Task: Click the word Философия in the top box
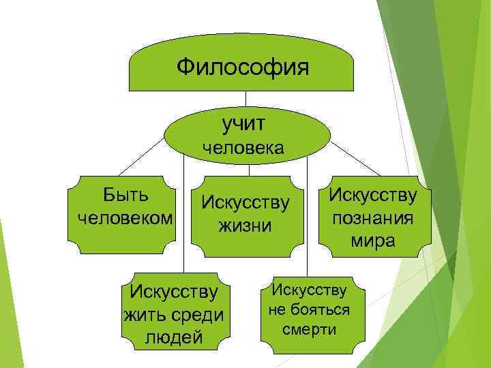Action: [242, 67]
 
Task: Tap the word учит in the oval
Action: [243, 123]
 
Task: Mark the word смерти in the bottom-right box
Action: [310, 330]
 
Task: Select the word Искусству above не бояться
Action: [310, 290]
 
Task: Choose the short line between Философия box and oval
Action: [245, 98]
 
